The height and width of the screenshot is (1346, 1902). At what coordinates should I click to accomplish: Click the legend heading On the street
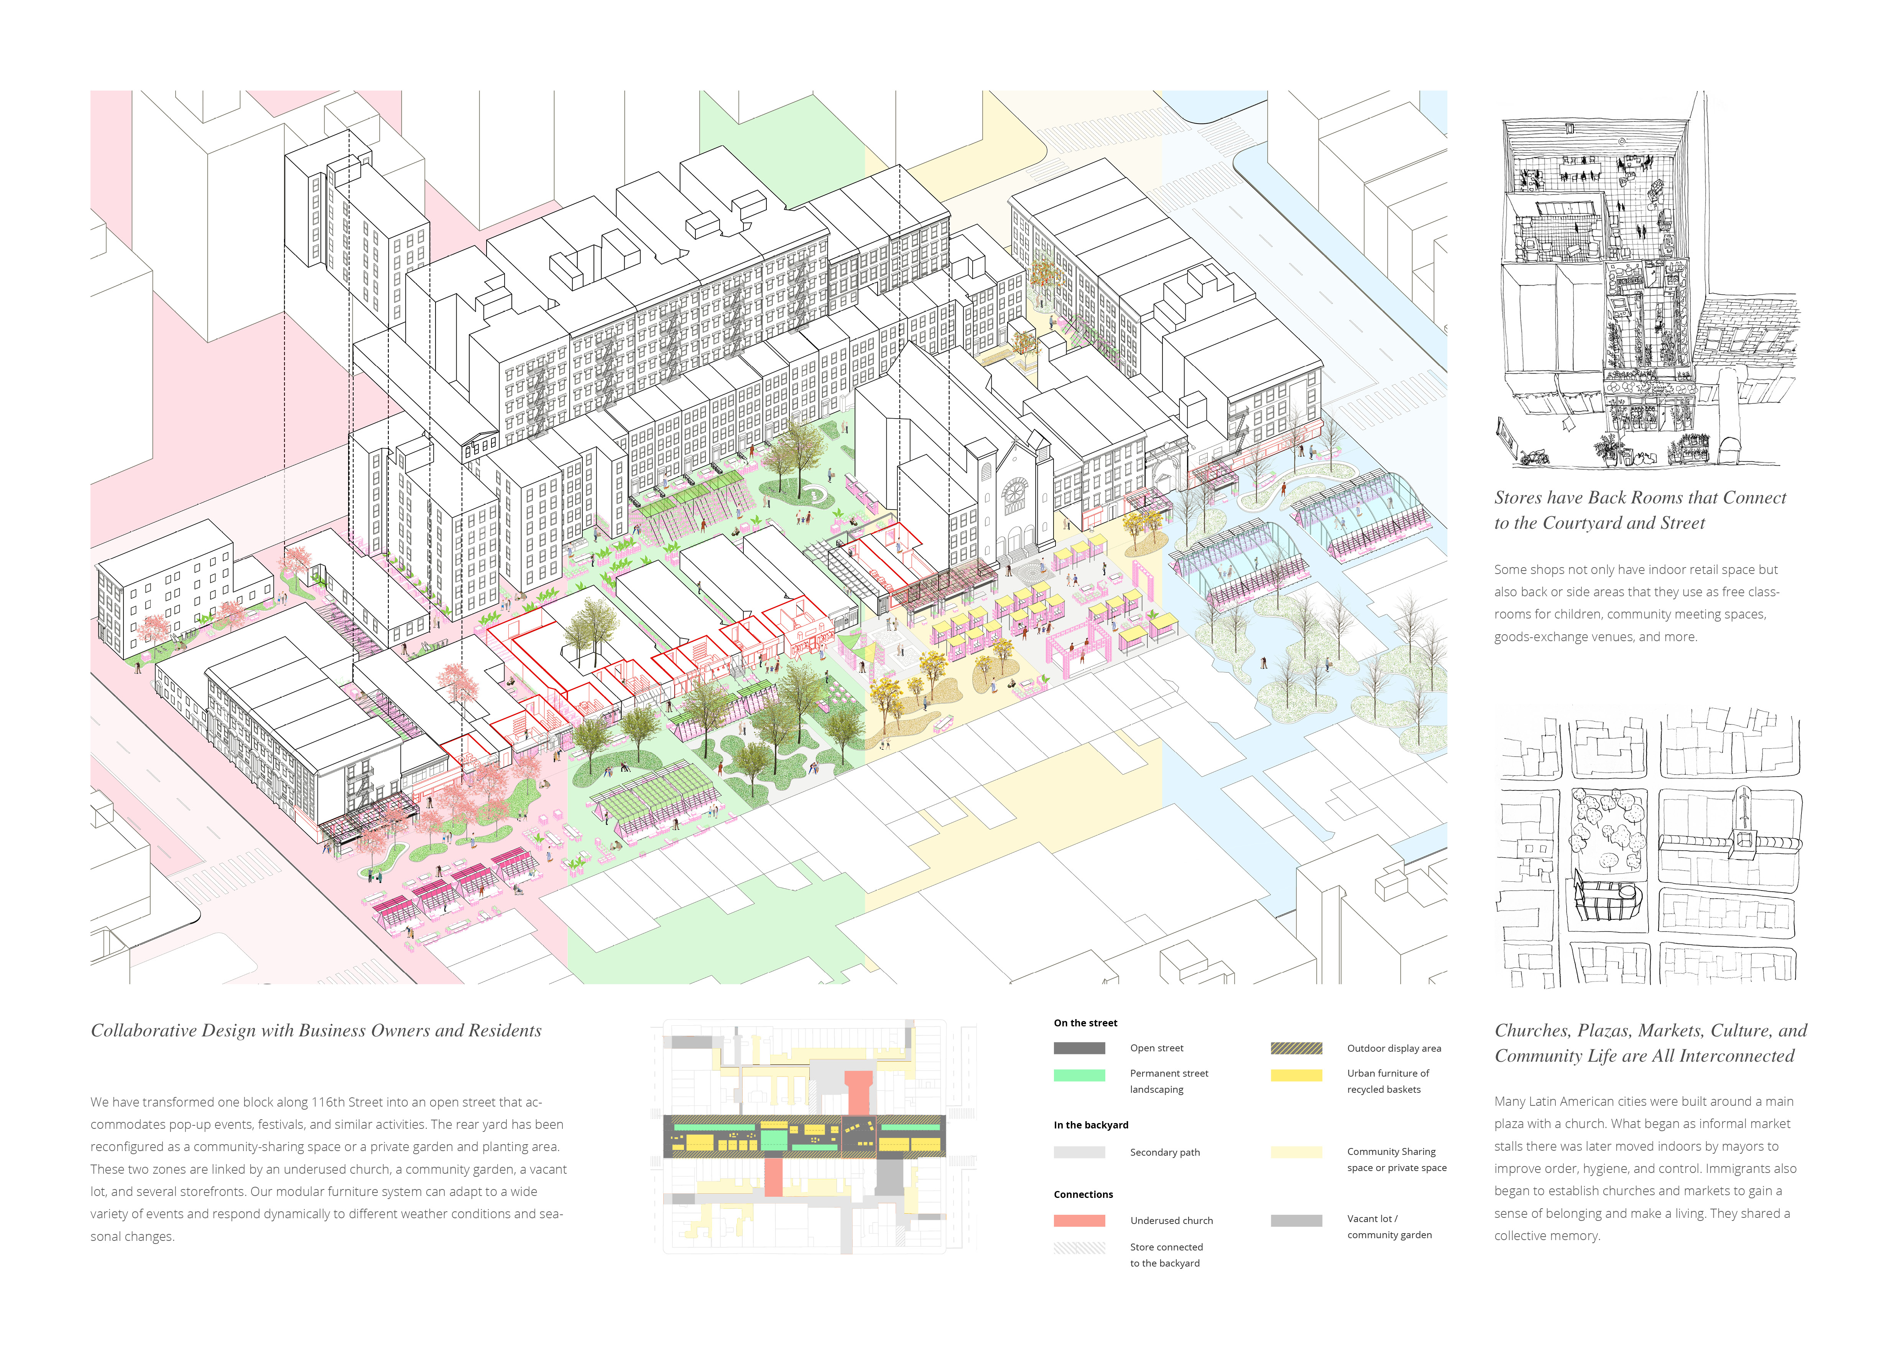click(x=1085, y=1023)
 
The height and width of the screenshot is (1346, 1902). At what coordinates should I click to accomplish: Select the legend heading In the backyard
click(x=1091, y=1125)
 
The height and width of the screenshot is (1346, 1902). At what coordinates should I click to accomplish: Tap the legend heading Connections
click(x=1083, y=1194)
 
